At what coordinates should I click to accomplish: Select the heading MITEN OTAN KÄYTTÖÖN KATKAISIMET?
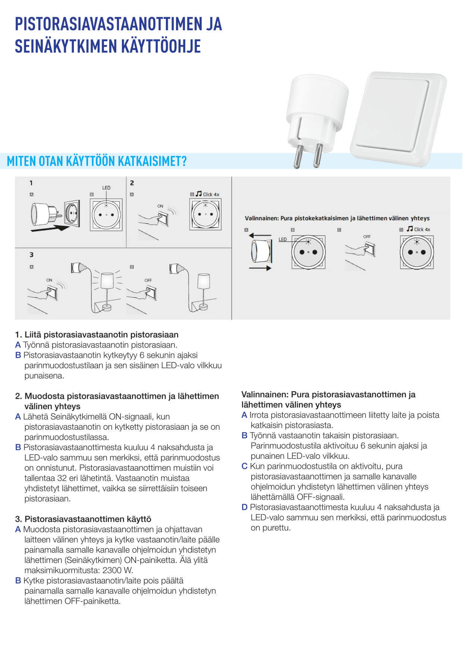97,161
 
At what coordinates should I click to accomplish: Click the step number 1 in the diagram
31,183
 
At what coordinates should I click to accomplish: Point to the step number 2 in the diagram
132,183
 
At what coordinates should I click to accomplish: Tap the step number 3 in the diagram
32,255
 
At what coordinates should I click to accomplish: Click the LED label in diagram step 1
106,188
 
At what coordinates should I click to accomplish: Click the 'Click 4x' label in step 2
211,195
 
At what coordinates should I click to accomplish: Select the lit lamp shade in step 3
107,280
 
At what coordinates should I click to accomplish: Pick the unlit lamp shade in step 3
203,281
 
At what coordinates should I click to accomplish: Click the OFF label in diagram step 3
148,280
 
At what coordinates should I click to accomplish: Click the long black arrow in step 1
50,228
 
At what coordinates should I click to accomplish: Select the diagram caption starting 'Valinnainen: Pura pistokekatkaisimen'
337,218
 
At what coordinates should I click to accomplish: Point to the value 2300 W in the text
117,570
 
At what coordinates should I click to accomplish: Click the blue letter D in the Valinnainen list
245,507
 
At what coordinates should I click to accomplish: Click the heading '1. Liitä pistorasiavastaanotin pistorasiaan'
97,335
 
